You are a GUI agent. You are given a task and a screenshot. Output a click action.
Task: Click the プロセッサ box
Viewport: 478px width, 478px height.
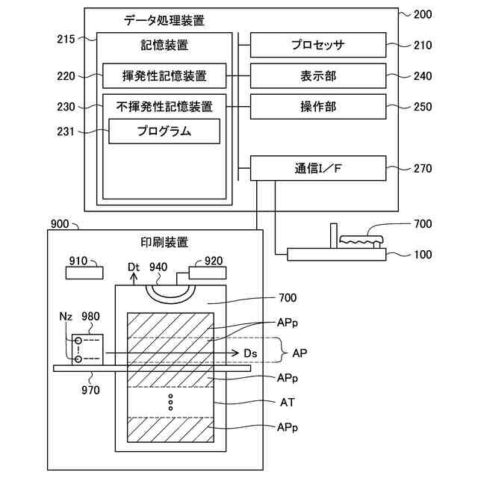tap(318, 45)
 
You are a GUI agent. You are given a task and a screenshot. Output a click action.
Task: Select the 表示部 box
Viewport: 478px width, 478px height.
tap(318, 76)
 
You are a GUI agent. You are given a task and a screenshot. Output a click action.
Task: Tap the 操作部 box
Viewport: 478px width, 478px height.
tap(318, 107)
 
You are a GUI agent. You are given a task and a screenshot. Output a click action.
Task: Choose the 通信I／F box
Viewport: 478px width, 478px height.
tap(318, 168)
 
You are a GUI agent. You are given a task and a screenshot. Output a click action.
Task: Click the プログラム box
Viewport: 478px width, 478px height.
tap(164, 131)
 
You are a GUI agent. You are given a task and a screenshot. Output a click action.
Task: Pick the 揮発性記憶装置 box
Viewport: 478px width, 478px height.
tap(164, 76)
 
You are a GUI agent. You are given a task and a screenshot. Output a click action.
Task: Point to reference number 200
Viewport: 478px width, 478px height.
tap(423, 14)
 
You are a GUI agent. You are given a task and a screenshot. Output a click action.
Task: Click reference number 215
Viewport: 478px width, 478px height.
tap(66, 39)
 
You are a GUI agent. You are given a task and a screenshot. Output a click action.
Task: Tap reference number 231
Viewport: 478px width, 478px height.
tap(66, 131)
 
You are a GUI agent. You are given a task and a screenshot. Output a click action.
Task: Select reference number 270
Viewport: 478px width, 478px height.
tap(423, 168)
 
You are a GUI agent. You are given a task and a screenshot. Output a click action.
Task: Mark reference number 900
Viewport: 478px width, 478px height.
tap(60, 224)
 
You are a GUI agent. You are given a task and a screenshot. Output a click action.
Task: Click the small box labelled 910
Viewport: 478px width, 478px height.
tap(84, 273)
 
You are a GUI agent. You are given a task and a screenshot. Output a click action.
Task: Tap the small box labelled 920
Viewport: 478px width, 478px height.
tap(208, 273)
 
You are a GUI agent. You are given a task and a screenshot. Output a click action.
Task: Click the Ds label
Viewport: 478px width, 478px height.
tap(250, 353)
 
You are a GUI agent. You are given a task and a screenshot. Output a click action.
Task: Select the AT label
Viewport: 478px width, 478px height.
tap(287, 403)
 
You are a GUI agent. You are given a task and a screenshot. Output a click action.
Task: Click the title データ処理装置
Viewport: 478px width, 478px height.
tap(164, 20)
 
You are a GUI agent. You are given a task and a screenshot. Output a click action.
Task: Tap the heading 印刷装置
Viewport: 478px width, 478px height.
tap(164, 242)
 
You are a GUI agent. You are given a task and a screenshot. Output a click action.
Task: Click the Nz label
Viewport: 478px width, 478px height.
tap(66, 317)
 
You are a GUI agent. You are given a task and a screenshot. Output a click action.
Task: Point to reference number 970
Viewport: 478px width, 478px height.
tap(90, 390)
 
